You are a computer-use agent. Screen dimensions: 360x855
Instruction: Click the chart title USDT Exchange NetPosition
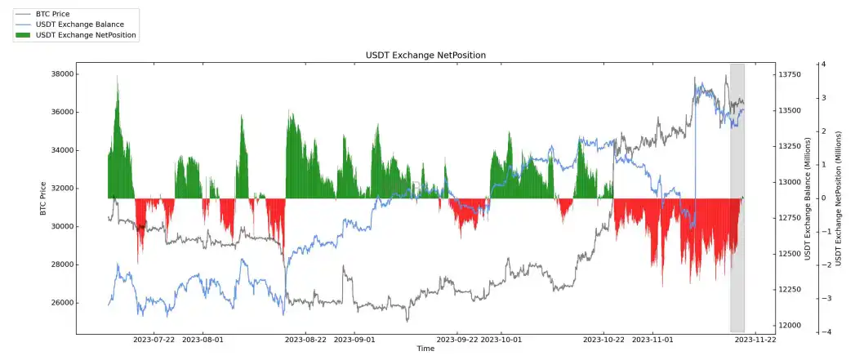coord(425,55)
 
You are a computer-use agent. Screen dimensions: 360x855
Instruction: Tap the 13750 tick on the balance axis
coord(792,75)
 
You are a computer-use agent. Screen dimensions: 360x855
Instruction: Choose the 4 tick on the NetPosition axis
coord(824,64)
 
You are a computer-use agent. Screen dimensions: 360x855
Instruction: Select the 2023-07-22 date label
coord(154,339)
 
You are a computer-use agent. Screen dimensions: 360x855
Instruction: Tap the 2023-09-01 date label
coord(354,339)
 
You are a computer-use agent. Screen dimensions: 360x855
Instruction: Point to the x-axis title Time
coord(425,349)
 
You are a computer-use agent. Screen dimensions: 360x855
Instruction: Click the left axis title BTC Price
coord(43,198)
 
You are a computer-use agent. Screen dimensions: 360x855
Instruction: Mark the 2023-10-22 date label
coord(604,339)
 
